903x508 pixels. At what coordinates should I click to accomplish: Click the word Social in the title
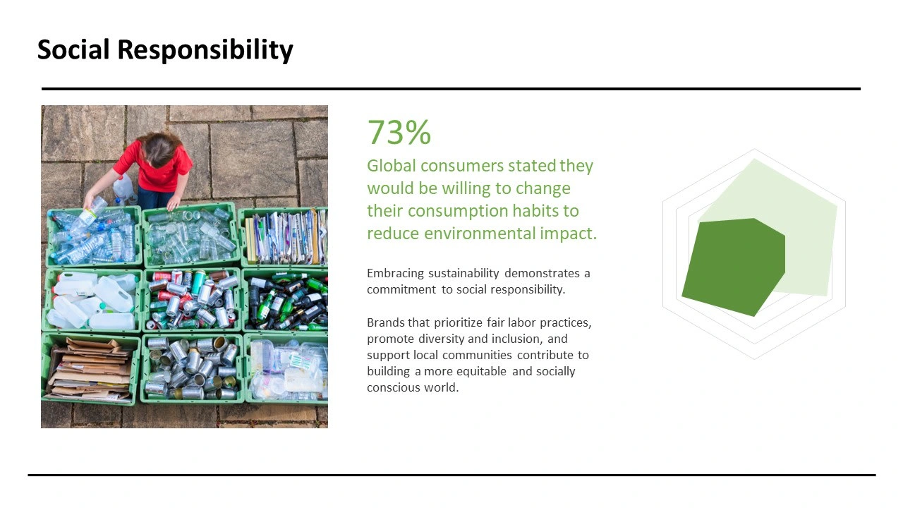73,49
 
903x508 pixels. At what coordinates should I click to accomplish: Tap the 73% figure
399,132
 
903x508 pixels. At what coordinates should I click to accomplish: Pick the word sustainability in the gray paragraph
463,274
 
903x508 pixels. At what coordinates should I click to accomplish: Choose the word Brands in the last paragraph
385,322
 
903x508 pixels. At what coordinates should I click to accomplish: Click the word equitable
481,371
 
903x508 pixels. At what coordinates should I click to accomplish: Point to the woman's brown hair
159,148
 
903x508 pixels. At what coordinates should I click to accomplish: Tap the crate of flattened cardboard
91,370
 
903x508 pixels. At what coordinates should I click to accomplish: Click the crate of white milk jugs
92,301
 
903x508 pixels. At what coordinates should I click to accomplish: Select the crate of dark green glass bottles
286,301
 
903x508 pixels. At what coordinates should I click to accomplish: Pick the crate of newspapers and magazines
284,237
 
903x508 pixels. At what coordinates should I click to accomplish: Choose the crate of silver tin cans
193,368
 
